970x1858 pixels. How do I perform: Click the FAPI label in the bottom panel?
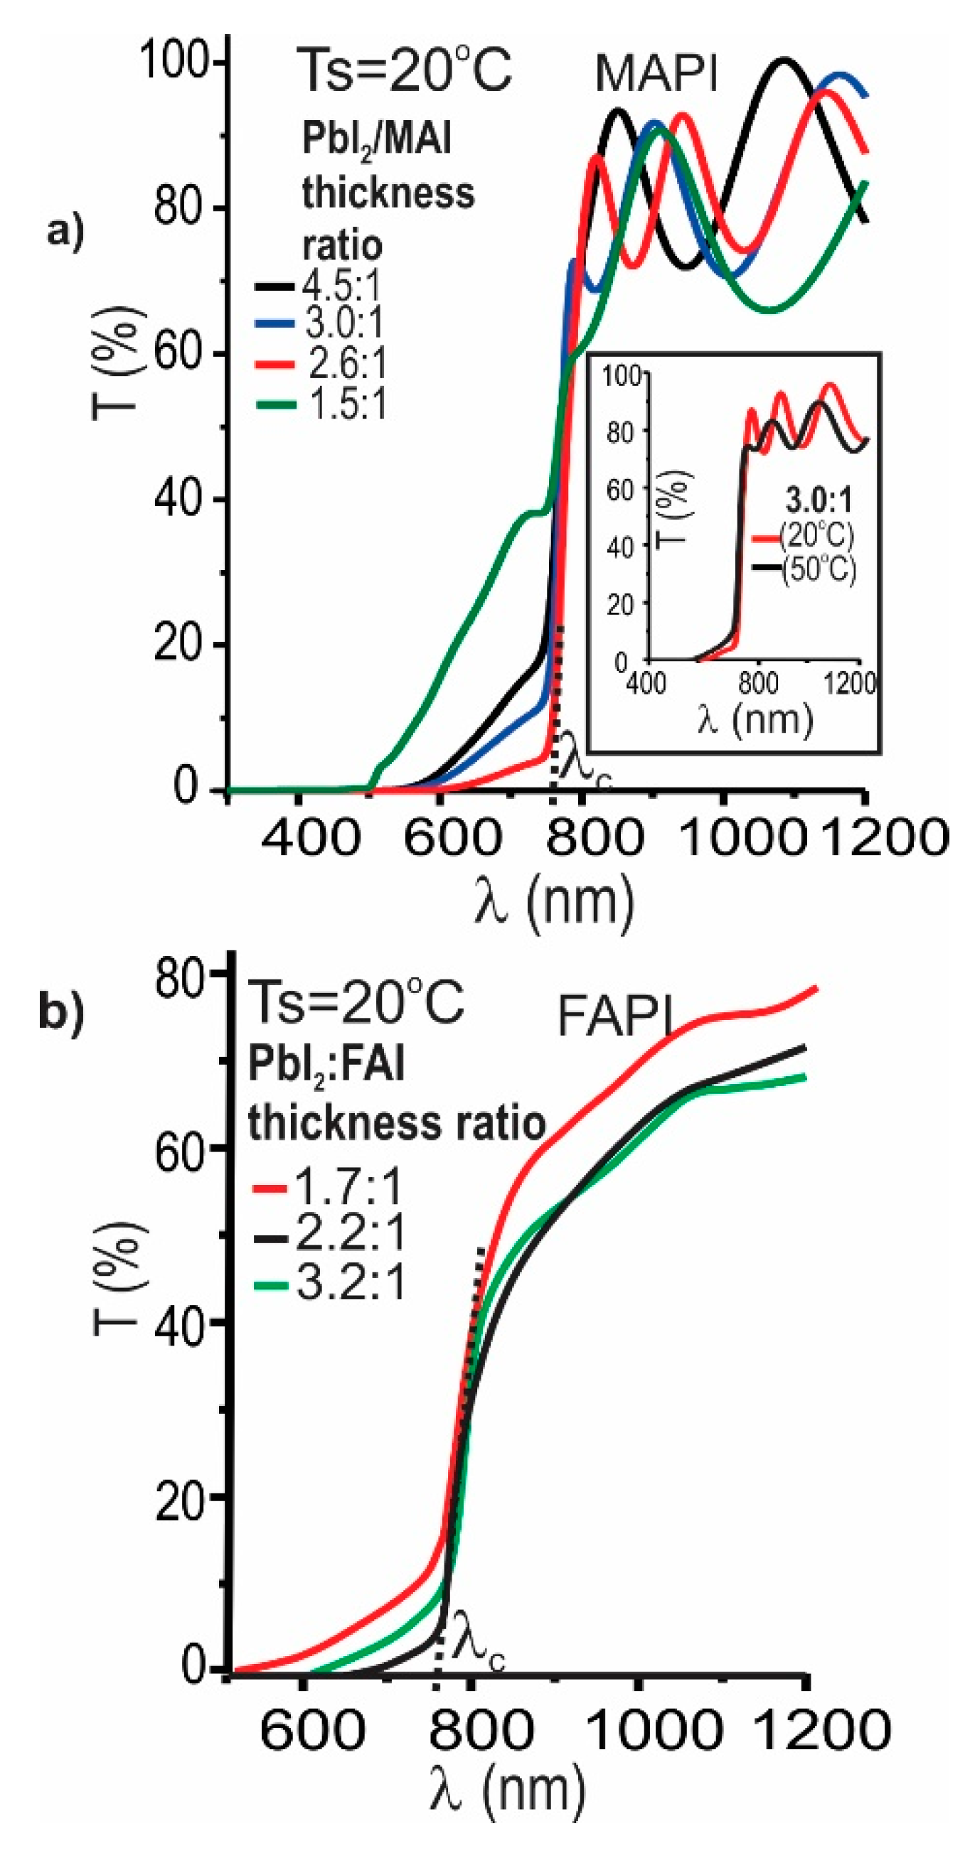click(615, 1019)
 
